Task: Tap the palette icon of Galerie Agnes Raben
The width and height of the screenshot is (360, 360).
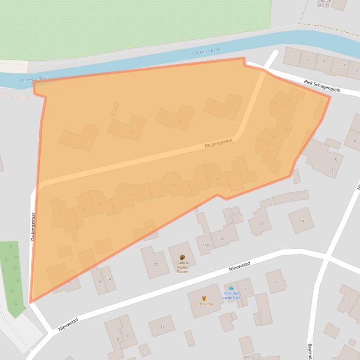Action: (182, 258)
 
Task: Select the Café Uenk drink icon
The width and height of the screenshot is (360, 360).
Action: (204, 298)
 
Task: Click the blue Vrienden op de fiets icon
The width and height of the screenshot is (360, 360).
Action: (231, 288)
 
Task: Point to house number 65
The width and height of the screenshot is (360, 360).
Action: (85, 142)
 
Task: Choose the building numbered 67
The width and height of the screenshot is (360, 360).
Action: (132, 133)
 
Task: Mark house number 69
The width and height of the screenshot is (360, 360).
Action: (180, 122)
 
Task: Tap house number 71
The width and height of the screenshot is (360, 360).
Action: (229, 109)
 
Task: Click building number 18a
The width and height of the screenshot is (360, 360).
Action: (205, 245)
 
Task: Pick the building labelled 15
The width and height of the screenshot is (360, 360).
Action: (163, 326)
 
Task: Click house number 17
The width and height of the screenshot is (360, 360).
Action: (128, 336)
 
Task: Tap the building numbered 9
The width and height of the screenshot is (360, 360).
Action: (246, 282)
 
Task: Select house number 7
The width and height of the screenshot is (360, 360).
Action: (275, 282)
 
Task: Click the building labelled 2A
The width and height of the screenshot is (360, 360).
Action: (343, 65)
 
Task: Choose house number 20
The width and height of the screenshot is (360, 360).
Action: (274, 137)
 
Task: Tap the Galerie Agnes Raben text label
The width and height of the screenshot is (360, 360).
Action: (182, 267)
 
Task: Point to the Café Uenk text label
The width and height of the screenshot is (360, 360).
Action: (204, 304)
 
